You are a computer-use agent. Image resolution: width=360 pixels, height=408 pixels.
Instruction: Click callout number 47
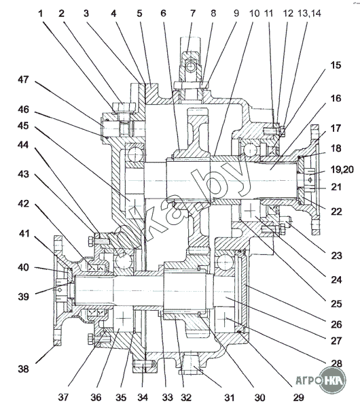pos(23,80)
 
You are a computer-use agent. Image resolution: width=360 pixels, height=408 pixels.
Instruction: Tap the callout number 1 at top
pos(40,14)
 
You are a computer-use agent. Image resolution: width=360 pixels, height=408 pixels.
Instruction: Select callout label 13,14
pos(309,13)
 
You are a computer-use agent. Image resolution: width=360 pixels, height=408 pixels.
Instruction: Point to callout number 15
pos(336,65)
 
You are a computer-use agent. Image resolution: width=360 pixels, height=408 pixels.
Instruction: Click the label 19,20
pos(342,169)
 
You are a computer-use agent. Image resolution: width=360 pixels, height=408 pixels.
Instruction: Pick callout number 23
pos(336,256)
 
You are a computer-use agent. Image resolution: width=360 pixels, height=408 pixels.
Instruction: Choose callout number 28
pos(336,363)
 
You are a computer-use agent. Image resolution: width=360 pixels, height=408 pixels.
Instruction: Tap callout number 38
pos(23,369)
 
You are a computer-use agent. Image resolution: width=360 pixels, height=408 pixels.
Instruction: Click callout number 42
pos(23,203)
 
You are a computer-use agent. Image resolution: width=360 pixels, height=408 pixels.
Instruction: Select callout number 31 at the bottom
pos(229,397)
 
